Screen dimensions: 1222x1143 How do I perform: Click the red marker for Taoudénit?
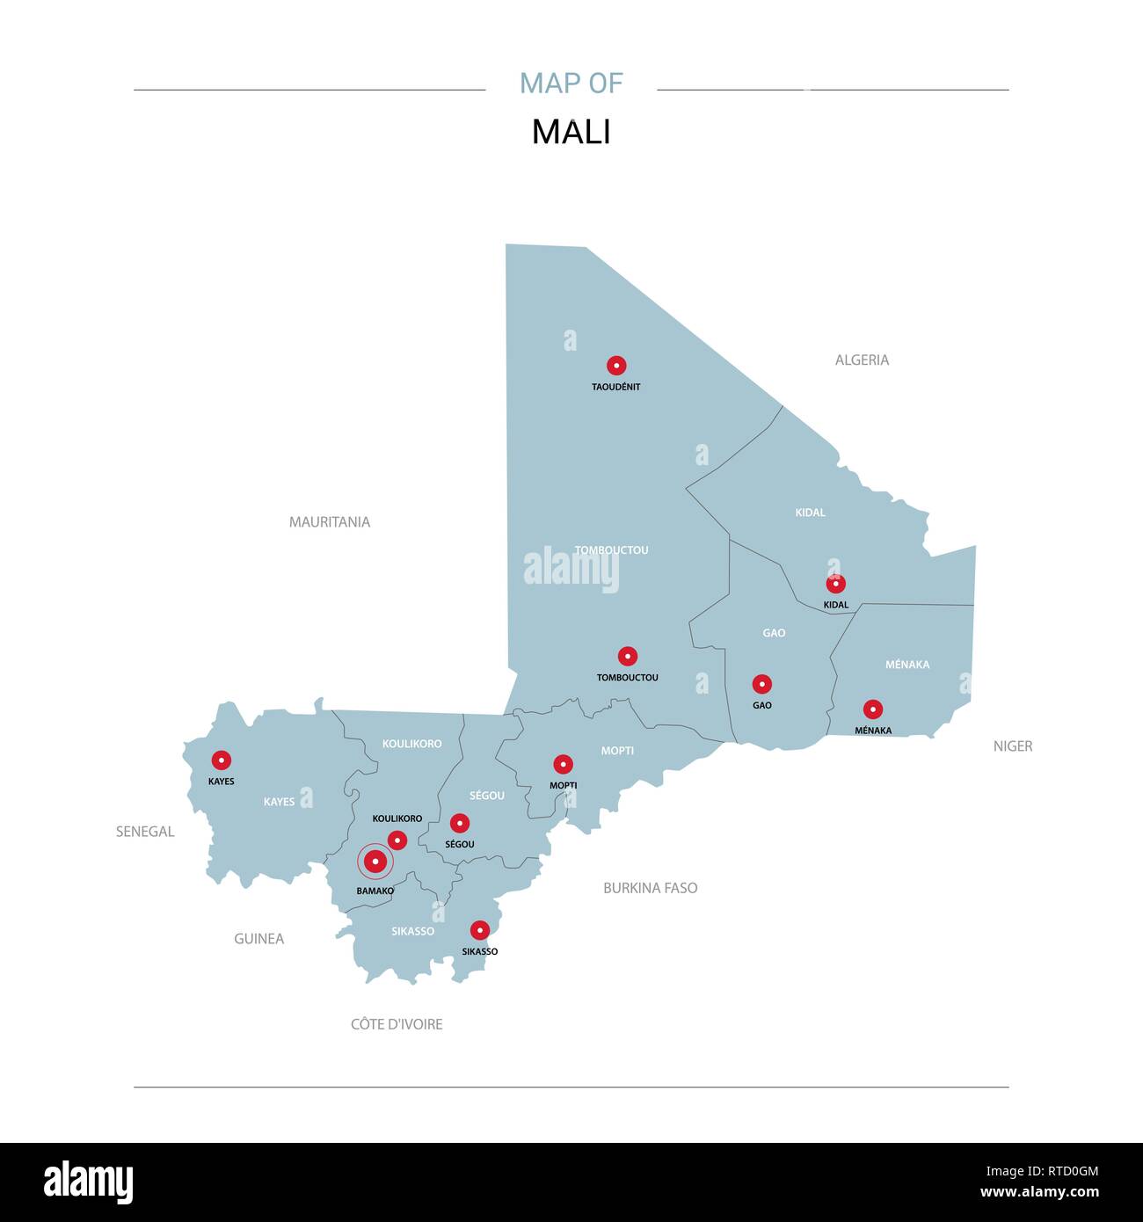[x=616, y=366]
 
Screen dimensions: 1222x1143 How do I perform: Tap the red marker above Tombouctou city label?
[x=627, y=656]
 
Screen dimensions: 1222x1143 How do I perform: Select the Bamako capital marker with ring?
[x=375, y=862]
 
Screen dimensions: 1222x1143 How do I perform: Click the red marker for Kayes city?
[x=222, y=760]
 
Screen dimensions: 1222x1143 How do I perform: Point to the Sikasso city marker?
[x=479, y=930]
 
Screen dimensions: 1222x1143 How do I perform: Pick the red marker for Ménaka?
[x=873, y=709]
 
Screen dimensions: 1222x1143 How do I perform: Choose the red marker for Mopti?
[x=563, y=765]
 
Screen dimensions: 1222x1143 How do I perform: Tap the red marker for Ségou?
[x=459, y=824]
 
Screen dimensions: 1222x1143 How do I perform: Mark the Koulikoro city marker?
[x=397, y=840]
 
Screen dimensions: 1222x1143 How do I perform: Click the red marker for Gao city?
[x=762, y=684]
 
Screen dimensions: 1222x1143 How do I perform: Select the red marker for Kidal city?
[x=836, y=584]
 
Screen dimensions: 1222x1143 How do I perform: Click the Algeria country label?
[x=862, y=360]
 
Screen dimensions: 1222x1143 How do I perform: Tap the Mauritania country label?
[x=330, y=522]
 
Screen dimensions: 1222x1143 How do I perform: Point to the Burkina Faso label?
[x=650, y=888]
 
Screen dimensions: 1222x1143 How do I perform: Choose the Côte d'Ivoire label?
[x=397, y=1024]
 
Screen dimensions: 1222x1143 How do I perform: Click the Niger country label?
[x=1013, y=746]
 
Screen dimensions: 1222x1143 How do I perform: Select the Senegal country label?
[x=145, y=832]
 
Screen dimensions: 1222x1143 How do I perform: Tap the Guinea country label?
[x=258, y=939]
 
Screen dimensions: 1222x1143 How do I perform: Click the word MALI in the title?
[x=571, y=132]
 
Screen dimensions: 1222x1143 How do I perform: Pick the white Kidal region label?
[x=810, y=513]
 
